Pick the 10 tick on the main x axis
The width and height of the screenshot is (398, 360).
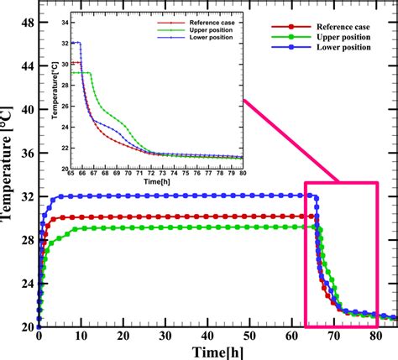click(81, 334)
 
